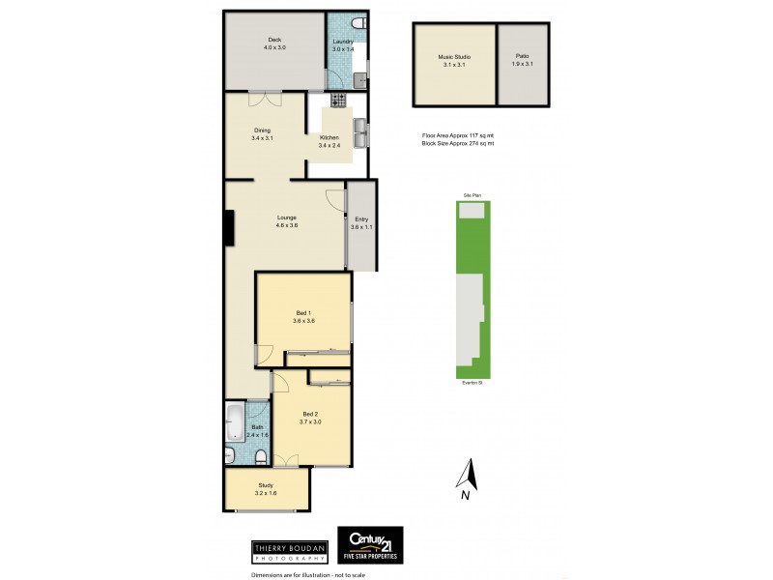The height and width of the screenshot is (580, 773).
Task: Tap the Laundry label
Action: pos(342,42)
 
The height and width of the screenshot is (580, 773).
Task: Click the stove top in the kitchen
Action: pos(338,100)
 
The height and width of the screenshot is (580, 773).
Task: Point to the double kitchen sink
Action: pos(360,132)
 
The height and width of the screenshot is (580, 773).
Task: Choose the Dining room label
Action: pos(262,130)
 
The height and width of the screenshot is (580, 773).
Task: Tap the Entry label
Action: pos(361,219)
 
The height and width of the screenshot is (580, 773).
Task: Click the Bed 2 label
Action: pos(309,414)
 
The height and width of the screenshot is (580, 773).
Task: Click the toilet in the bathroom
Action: pos(231,454)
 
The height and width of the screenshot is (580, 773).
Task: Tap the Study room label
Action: pos(266,485)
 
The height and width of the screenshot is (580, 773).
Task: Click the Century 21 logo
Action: pos(369,544)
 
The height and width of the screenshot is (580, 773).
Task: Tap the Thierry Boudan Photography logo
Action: pos(289,550)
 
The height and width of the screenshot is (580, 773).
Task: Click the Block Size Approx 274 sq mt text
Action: pos(457,143)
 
